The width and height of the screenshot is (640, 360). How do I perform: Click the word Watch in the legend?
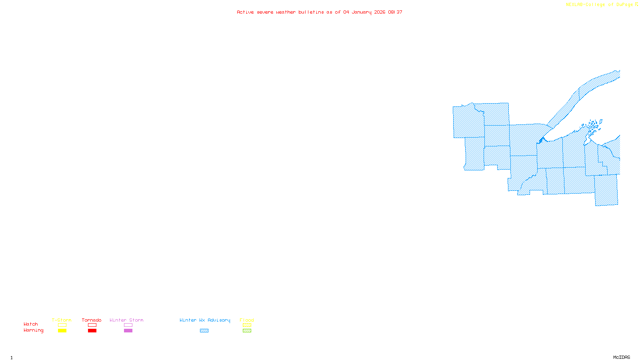tap(31, 324)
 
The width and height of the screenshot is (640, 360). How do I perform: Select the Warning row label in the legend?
tap(33, 330)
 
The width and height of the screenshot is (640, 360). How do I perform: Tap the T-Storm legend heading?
tap(62, 320)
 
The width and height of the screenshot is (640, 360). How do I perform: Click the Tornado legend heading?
tap(92, 320)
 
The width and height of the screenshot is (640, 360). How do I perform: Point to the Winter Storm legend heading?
tap(126, 320)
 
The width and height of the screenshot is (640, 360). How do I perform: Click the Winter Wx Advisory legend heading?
tap(205, 320)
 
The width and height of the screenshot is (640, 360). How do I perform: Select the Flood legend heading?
tap(247, 320)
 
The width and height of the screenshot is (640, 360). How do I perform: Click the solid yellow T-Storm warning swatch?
tap(62, 331)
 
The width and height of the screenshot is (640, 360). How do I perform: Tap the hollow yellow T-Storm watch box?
tap(62, 325)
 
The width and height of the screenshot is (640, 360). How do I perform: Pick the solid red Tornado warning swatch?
tap(92, 331)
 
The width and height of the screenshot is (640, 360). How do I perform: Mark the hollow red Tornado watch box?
tap(92, 325)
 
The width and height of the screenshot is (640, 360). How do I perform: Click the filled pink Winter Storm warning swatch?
tap(128, 331)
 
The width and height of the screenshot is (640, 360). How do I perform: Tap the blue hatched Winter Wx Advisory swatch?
tap(204, 331)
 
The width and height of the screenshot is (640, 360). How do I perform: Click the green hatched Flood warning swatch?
tap(247, 331)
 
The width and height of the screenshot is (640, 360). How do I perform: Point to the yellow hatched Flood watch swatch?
tap(247, 325)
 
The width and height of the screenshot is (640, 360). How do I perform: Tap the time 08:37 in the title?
tap(395, 12)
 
